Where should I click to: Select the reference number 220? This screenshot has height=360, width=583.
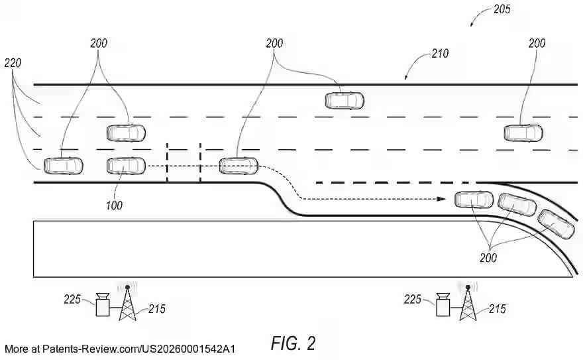tap(13, 64)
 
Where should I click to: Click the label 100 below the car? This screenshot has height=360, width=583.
tap(114, 206)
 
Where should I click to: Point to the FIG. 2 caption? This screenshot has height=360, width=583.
tap(293, 343)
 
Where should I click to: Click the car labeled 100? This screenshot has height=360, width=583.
tap(126, 165)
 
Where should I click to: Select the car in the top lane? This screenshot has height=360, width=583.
tap(344, 100)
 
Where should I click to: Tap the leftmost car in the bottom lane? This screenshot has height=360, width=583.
tap(63, 165)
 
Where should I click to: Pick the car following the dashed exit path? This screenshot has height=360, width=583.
tap(238, 165)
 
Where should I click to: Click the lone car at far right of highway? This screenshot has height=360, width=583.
tap(523, 133)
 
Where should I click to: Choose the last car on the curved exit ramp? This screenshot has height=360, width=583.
tap(556, 223)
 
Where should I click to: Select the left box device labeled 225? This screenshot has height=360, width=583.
tap(103, 304)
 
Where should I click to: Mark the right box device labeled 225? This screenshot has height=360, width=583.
tap(444, 305)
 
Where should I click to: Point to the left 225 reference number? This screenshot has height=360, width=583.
tap(74, 300)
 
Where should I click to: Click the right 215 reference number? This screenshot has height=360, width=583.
tap(498, 308)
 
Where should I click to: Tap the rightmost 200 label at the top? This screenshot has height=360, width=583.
tap(537, 44)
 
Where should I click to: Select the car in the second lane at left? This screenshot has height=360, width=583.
tap(126, 133)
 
